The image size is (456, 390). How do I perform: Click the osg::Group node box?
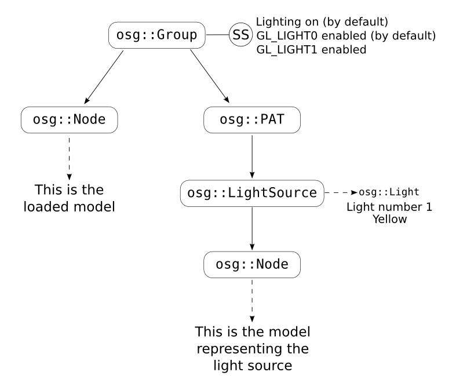(x=157, y=36)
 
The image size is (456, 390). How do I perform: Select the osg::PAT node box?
(x=252, y=120)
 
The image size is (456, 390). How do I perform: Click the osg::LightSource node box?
(x=251, y=192)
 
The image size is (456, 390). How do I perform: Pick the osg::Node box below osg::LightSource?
(x=252, y=265)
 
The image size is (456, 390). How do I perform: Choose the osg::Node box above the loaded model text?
(x=69, y=120)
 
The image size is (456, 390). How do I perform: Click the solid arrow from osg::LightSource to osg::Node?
(x=252, y=228)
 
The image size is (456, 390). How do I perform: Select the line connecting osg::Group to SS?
(x=218, y=36)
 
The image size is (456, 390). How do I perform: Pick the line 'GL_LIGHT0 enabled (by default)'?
(x=345, y=36)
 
